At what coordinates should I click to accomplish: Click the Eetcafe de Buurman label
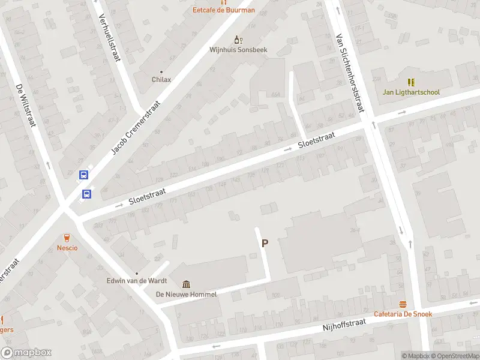pos(223,10)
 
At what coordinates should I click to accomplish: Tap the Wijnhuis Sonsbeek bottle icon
pos(238,40)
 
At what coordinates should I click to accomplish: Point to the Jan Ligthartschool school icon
pos(411,82)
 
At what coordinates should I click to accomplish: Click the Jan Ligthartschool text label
pos(411,92)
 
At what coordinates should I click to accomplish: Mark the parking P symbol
pos(264,243)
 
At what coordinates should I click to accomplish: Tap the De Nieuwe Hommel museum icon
pos(186,284)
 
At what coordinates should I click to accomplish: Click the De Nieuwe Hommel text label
pos(186,294)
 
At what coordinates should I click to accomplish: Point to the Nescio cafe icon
pos(67,238)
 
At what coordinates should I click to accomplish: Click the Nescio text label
pos(67,248)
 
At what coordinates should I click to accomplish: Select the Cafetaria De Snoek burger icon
pos(403,304)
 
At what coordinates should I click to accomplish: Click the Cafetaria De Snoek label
pos(403,314)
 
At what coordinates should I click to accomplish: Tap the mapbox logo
pos(26,353)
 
